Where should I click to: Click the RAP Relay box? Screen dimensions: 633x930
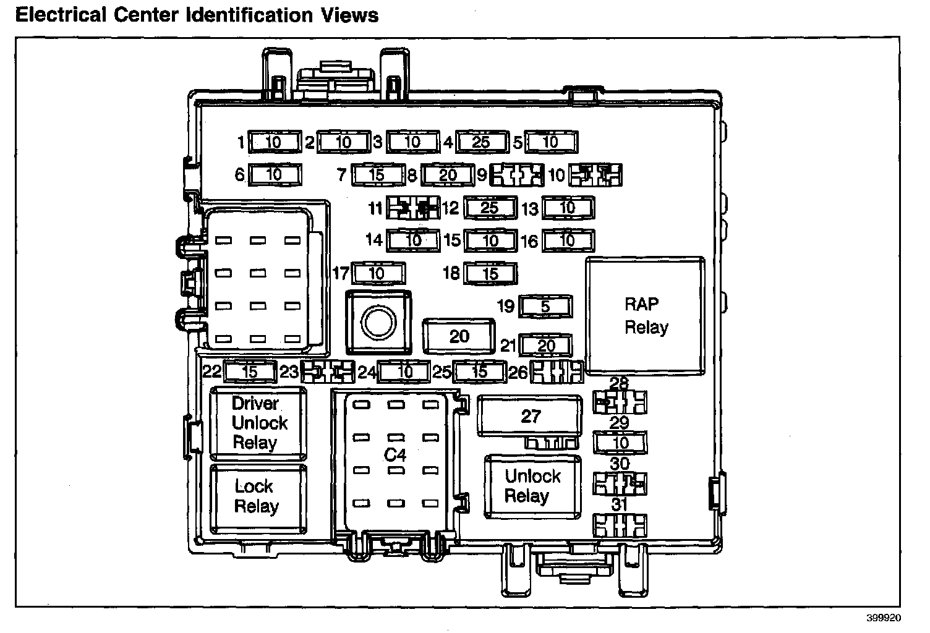(646, 316)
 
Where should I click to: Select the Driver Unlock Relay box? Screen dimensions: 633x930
(258, 423)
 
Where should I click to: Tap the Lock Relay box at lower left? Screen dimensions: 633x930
(258, 497)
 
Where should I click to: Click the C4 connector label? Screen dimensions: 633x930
(395, 455)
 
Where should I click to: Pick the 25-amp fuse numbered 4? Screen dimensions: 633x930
(482, 142)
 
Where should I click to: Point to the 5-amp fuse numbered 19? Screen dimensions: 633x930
(545, 306)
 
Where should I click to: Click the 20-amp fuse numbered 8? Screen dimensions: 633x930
(447, 175)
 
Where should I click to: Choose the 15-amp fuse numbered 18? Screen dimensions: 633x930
(490, 273)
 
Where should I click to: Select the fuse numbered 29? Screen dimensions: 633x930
(620, 442)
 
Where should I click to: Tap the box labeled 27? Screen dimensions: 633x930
(530, 416)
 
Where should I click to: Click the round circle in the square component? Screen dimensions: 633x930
(377, 321)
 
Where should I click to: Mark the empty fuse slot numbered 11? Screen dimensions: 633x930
(413, 208)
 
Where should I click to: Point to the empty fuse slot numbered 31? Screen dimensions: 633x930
(620, 525)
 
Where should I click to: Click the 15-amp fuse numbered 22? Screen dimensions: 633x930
(249, 372)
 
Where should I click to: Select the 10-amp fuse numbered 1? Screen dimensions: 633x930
(274, 142)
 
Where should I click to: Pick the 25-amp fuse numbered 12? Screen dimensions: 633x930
(490, 208)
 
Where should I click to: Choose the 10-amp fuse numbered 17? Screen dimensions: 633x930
(377, 273)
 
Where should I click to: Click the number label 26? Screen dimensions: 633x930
(518, 372)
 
